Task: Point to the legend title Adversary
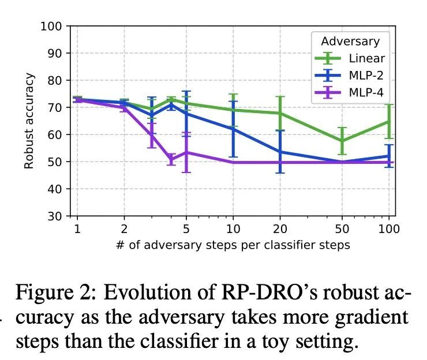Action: pos(350,42)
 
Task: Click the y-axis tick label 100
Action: pos(51,27)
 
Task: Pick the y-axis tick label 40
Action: pos(55,189)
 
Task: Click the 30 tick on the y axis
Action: pos(55,216)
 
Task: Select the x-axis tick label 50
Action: pos(342,228)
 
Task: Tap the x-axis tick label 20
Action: pos(280,228)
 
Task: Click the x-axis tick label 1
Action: pos(77,228)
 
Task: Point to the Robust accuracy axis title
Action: pos(29,121)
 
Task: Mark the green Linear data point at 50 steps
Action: pos(342,141)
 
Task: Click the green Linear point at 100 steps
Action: pos(389,122)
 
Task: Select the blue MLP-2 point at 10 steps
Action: pos(233,129)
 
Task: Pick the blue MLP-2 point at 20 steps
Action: pos(280,152)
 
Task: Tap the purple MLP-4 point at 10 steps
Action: pos(233,163)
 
